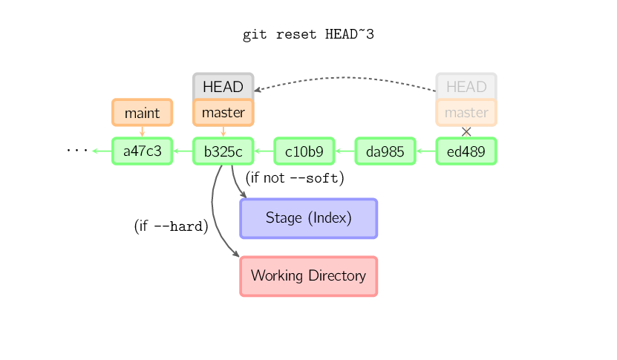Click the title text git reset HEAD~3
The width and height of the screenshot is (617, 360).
tap(308, 35)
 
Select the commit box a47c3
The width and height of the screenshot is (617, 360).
tap(142, 151)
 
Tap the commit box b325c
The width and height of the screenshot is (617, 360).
tap(223, 151)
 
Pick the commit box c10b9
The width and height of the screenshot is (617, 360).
tap(304, 151)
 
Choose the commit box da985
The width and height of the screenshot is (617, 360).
tap(385, 151)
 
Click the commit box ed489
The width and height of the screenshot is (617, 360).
tap(466, 151)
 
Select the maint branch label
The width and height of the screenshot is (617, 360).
tap(142, 113)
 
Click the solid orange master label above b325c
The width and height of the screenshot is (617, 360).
tap(223, 113)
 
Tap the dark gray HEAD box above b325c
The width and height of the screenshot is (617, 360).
tap(223, 86)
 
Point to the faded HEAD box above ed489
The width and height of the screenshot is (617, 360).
tap(466, 86)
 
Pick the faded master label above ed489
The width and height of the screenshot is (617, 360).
tap(466, 113)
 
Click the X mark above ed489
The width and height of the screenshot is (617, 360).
tap(466, 131)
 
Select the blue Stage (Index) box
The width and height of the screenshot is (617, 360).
tap(308, 218)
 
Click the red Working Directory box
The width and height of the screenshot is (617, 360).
tap(308, 276)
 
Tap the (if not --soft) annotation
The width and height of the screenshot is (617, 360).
tap(295, 178)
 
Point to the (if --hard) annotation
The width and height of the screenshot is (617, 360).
tap(171, 226)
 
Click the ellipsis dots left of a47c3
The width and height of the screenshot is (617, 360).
tap(76, 151)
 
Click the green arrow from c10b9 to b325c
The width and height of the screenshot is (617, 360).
tap(264, 151)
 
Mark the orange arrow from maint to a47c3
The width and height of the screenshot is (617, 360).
tap(142, 131)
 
